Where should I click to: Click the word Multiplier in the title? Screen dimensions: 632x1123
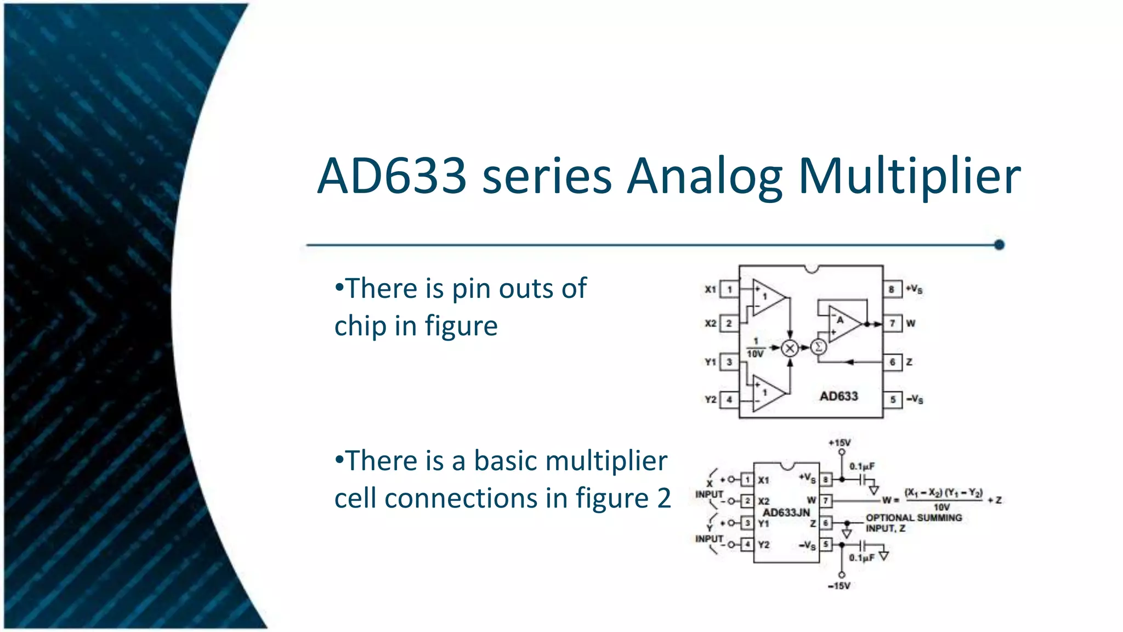click(909, 177)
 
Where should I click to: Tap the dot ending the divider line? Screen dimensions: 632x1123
click(999, 245)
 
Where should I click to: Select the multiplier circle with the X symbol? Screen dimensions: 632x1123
click(790, 348)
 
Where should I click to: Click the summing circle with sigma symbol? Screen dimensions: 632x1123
click(818, 347)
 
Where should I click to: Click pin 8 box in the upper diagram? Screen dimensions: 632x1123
click(892, 289)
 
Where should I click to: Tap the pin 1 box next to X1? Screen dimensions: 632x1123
click(729, 289)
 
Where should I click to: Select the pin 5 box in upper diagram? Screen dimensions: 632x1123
click(893, 399)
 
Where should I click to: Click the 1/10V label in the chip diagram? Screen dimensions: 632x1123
click(755, 348)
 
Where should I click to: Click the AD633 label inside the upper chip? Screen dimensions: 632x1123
click(838, 396)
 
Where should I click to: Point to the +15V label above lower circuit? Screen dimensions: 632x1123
click(839, 443)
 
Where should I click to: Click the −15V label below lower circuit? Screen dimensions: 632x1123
click(839, 586)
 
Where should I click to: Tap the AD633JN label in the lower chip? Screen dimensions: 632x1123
click(786, 512)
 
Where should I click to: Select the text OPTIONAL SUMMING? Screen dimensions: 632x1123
click(914, 517)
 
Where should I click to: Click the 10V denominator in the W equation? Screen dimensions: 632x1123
click(941, 507)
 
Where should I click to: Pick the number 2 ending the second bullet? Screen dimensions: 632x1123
click(663, 499)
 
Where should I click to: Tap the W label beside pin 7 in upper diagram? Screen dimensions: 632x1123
click(910, 323)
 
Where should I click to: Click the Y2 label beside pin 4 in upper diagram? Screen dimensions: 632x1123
click(710, 399)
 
